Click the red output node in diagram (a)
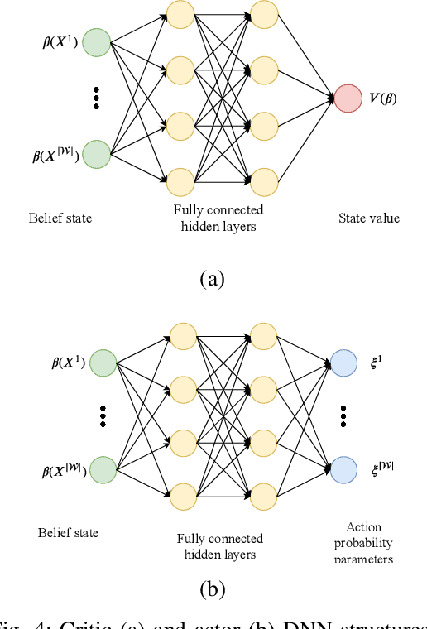pos(348,97)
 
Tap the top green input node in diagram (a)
pos(97,42)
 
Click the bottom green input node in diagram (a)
pos(97,153)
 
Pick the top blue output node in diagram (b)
pos(343,363)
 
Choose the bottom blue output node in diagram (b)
pos(343,469)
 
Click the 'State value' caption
pos(368,218)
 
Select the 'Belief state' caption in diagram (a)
pos(59,218)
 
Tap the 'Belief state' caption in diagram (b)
pos(68,532)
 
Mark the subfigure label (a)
pos(213,278)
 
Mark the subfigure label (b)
pos(213,589)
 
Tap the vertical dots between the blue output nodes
pos(343,415)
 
